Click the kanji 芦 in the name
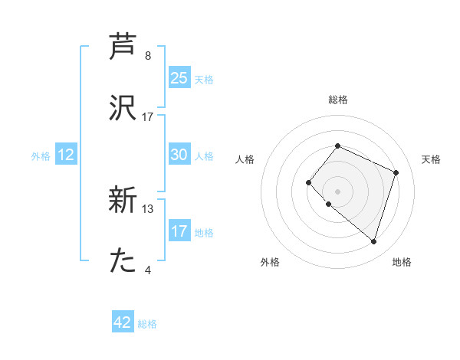[x=123, y=47]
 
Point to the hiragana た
[x=123, y=261]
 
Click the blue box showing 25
[x=179, y=78]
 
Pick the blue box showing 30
[x=179, y=155]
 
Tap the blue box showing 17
[x=179, y=231]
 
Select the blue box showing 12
[x=66, y=155]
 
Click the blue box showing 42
[x=123, y=322]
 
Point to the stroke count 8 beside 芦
[x=148, y=56]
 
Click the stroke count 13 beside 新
[x=148, y=208]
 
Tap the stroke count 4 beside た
[x=148, y=270]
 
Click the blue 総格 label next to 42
[x=147, y=324]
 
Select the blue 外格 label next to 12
[x=41, y=156]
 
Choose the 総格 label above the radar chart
[x=337, y=100]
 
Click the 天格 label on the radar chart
[x=432, y=159]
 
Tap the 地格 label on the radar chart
[x=402, y=262]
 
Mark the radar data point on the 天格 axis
[x=396, y=172]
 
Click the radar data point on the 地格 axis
[x=373, y=241]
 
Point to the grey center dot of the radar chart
[x=337, y=191]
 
